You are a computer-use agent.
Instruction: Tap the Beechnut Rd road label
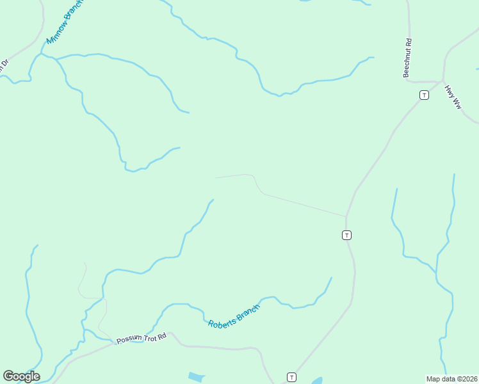407,58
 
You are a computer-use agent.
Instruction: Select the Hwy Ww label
453,97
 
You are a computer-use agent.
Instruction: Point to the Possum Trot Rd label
141,338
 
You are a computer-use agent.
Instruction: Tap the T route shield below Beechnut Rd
424,95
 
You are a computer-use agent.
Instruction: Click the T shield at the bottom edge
292,377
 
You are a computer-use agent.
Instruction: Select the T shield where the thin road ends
346,235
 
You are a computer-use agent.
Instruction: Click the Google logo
21,376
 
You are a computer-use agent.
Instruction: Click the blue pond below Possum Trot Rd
197,378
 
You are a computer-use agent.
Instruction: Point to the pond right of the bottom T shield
316,381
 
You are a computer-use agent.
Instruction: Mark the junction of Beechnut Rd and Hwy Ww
442,81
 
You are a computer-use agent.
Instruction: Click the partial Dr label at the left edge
4,65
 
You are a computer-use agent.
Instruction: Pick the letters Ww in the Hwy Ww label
457,102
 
